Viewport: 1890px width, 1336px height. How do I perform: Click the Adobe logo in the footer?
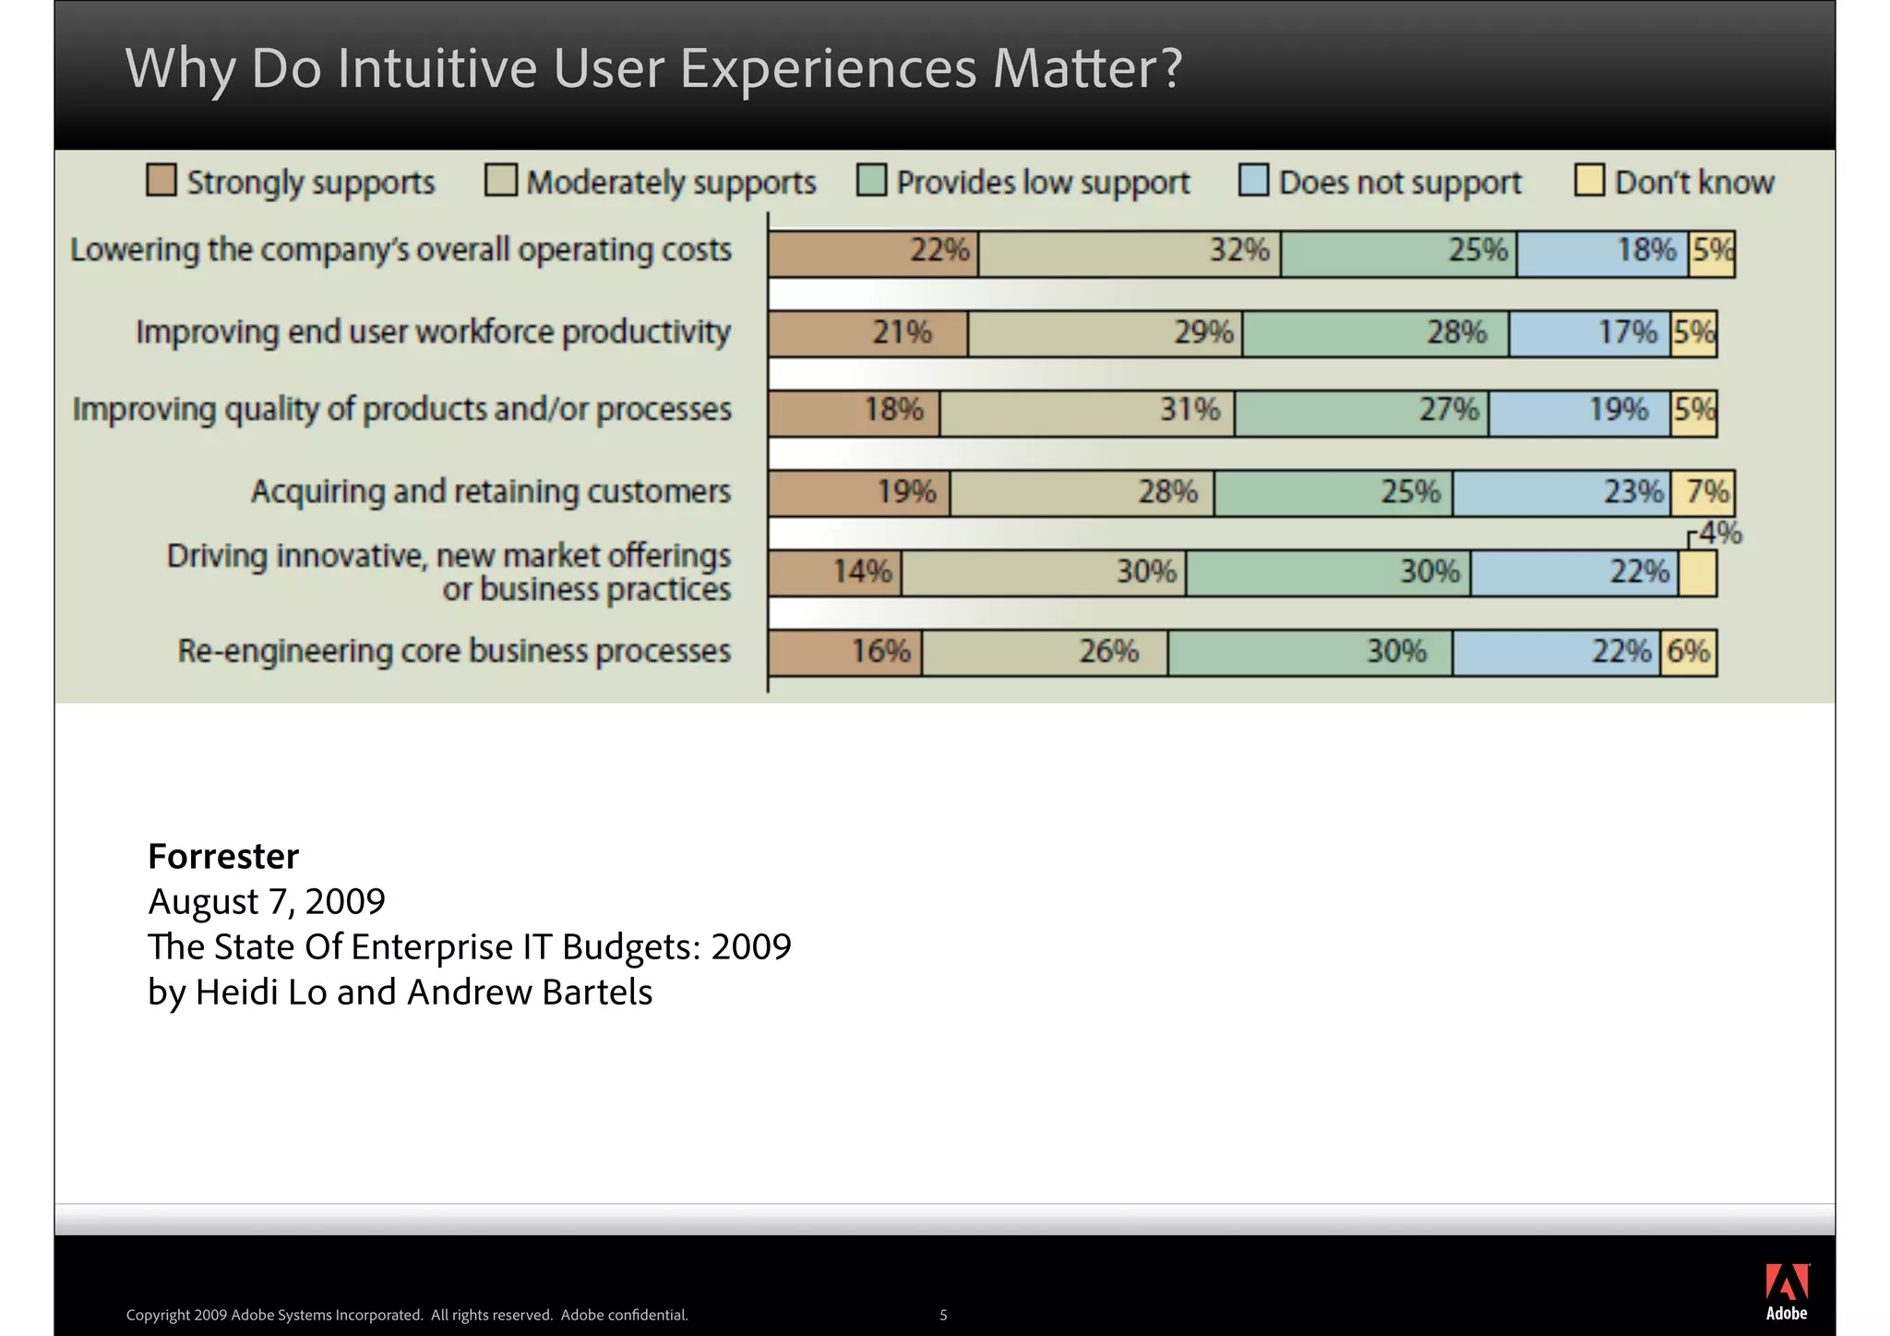pyautogui.click(x=1786, y=1291)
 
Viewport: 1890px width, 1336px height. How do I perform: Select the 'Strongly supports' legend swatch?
pyautogui.click(x=161, y=180)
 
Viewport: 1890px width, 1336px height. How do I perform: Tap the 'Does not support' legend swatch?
pyautogui.click(x=1253, y=180)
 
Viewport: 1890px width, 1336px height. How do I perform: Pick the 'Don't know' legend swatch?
pyautogui.click(x=1589, y=180)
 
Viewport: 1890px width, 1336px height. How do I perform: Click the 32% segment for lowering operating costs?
pyautogui.click(x=1130, y=253)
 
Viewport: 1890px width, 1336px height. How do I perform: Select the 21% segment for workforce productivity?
pyautogui.click(x=868, y=333)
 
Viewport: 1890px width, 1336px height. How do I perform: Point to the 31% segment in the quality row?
pyautogui.click(x=1087, y=413)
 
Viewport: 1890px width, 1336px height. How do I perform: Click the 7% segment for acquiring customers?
pyautogui.click(x=1706, y=492)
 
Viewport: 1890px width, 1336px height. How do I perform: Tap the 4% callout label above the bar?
pyautogui.click(x=1720, y=533)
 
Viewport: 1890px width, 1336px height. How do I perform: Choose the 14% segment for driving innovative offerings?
pyautogui.click(x=835, y=573)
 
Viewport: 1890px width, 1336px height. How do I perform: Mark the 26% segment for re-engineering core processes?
pyautogui.click(x=1045, y=653)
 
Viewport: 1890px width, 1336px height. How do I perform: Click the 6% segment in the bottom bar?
pyautogui.click(x=1688, y=653)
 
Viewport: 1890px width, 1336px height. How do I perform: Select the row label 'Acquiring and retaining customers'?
pyautogui.click(x=490, y=491)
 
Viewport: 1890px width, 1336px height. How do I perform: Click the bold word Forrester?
pyautogui.click(x=223, y=856)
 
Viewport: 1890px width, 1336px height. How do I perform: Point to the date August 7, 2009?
pyautogui.click(x=267, y=901)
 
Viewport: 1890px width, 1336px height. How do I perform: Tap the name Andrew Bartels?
pyautogui.click(x=530, y=992)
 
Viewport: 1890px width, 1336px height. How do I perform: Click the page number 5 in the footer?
pyautogui.click(x=943, y=1315)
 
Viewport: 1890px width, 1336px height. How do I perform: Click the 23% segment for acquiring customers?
pyautogui.click(x=1561, y=492)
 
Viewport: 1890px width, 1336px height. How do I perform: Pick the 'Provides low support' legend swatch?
pyautogui.click(x=871, y=180)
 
